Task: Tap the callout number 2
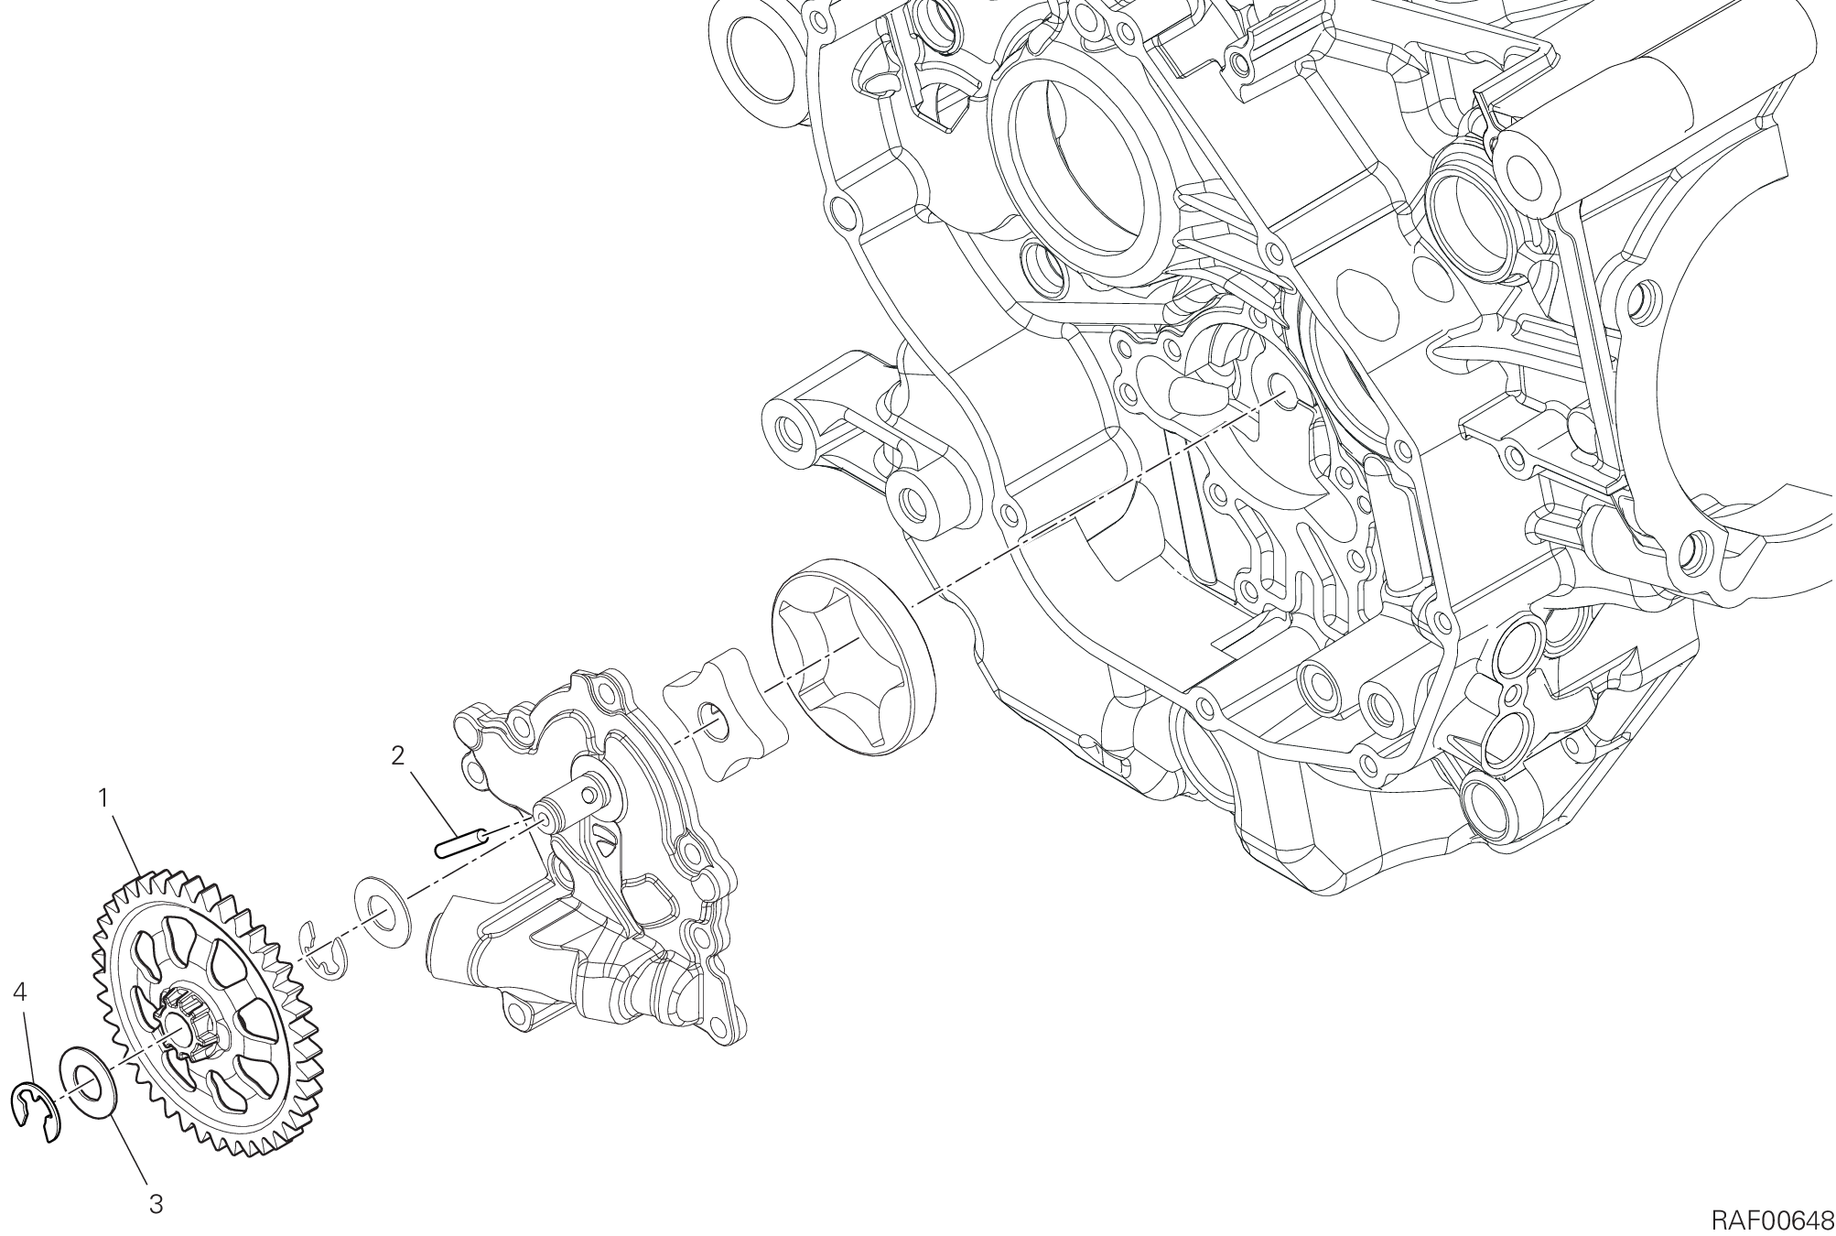[397, 756]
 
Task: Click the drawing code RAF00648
[1773, 1220]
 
